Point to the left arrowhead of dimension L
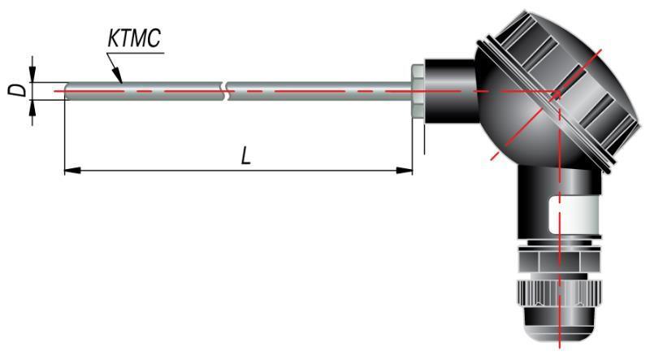(x=68, y=170)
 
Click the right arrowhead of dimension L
(x=409, y=170)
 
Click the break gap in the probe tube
(x=227, y=90)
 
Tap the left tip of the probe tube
(x=65, y=90)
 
